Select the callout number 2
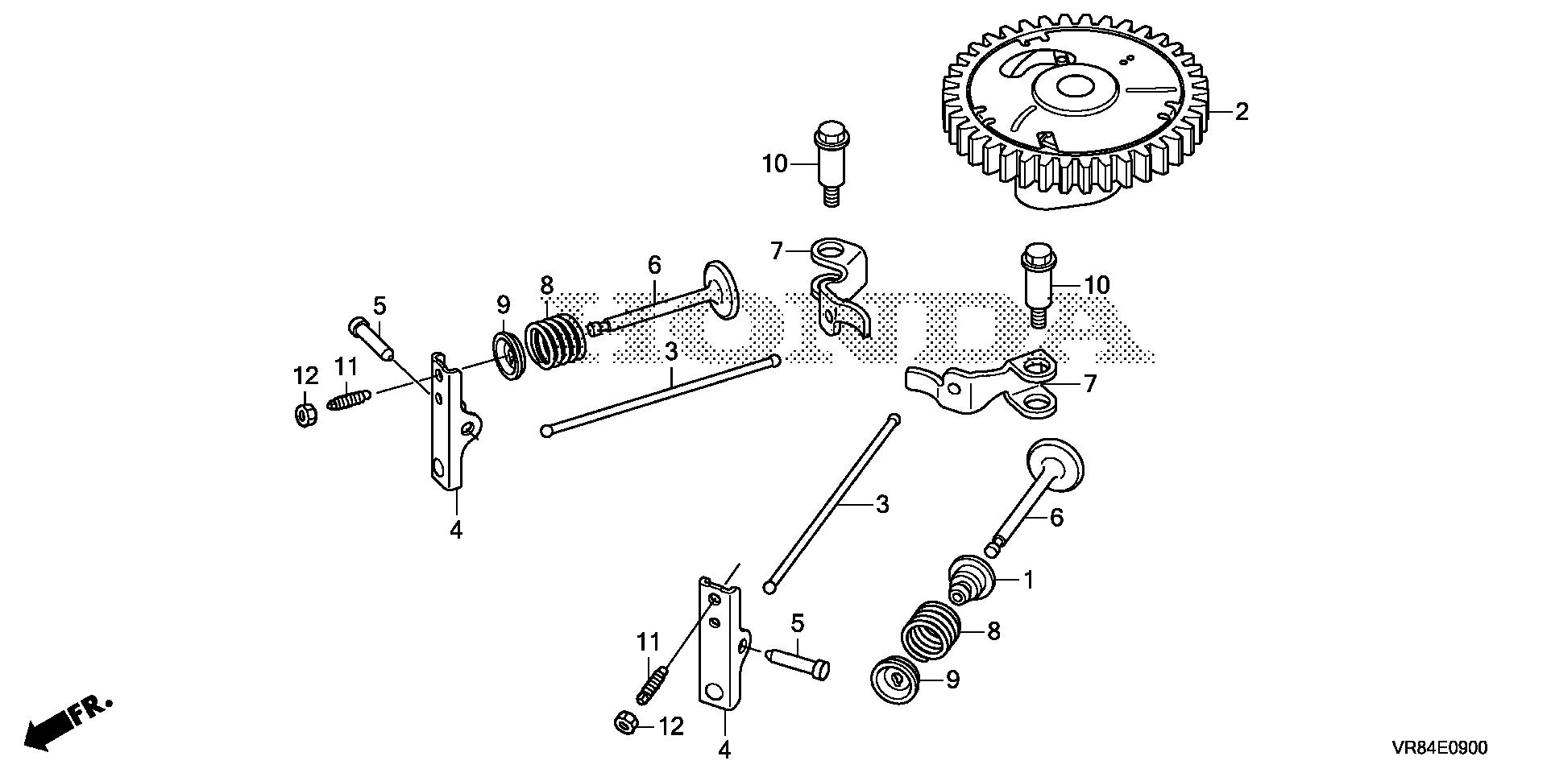[x=1241, y=112]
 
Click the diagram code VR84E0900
[x=1439, y=748]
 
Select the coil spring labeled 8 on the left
[x=554, y=342]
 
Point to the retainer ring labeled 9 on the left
[x=508, y=353]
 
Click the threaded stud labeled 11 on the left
[x=349, y=398]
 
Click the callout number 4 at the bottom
[x=724, y=750]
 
